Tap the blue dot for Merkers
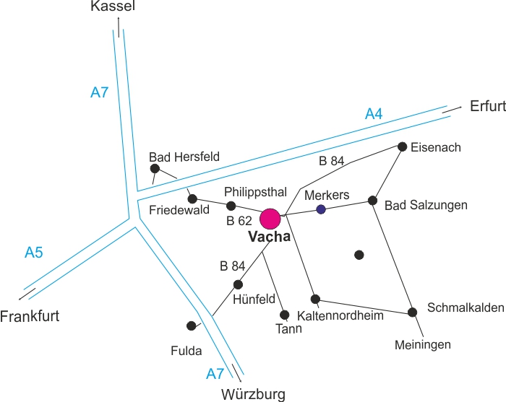[x=321, y=209]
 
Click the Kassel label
[x=113, y=7]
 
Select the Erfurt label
[x=487, y=106]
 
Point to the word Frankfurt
[x=30, y=316]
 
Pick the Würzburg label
[x=253, y=394]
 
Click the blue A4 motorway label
[x=374, y=113]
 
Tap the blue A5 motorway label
[x=34, y=253]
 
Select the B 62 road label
[x=239, y=221]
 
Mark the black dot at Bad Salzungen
[x=373, y=201]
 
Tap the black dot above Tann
[x=284, y=315]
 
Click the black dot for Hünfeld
[x=238, y=284]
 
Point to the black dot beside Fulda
[x=191, y=325]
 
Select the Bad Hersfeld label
[x=184, y=157]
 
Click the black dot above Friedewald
[x=192, y=198]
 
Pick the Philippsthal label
[x=256, y=191]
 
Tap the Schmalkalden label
[x=466, y=307]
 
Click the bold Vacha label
[x=269, y=237]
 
